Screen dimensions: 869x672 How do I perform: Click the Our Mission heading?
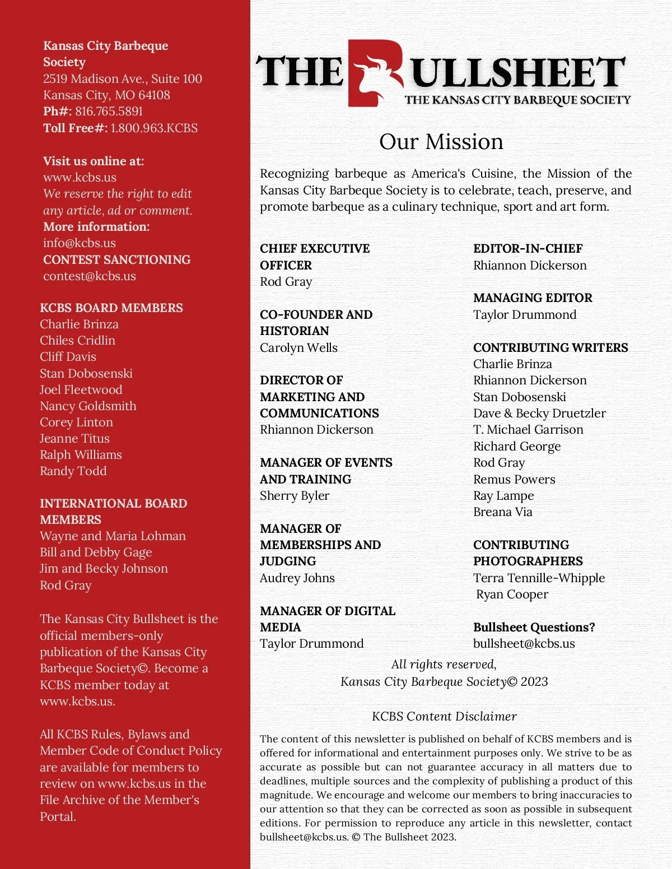(x=441, y=142)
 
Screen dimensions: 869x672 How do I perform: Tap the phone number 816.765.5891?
(x=109, y=111)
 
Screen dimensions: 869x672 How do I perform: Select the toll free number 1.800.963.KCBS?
(x=154, y=128)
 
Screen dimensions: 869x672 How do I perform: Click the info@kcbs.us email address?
(x=80, y=243)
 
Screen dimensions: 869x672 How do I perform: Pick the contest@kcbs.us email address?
(x=90, y=276)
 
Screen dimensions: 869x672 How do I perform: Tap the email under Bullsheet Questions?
(x=524, y=644)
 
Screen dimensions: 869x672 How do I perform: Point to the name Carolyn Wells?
(x=298, y=348)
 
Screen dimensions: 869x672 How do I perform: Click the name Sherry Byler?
(x=295, y=496)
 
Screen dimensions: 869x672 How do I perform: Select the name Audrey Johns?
(x=297, y=578)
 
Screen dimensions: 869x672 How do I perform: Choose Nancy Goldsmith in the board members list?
(x=88, y=406)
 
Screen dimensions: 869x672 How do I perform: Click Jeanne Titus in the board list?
(x=74, y=439)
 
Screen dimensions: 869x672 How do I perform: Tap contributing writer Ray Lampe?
(x=503, y=496)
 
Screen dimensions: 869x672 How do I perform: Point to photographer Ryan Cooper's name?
(x=512, y=594)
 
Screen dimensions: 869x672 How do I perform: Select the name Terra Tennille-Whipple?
(x=539, y=578)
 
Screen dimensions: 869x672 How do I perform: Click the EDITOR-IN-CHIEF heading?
(x=528, y=249)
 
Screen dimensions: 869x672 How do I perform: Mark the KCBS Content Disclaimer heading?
(x=444, y=717)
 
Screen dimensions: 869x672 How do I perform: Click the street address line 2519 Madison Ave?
(x=123, y=79)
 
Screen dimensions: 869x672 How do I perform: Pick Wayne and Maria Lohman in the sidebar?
(x=113, y=536)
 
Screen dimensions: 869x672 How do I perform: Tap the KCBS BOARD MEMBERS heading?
(x=111, y=308)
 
